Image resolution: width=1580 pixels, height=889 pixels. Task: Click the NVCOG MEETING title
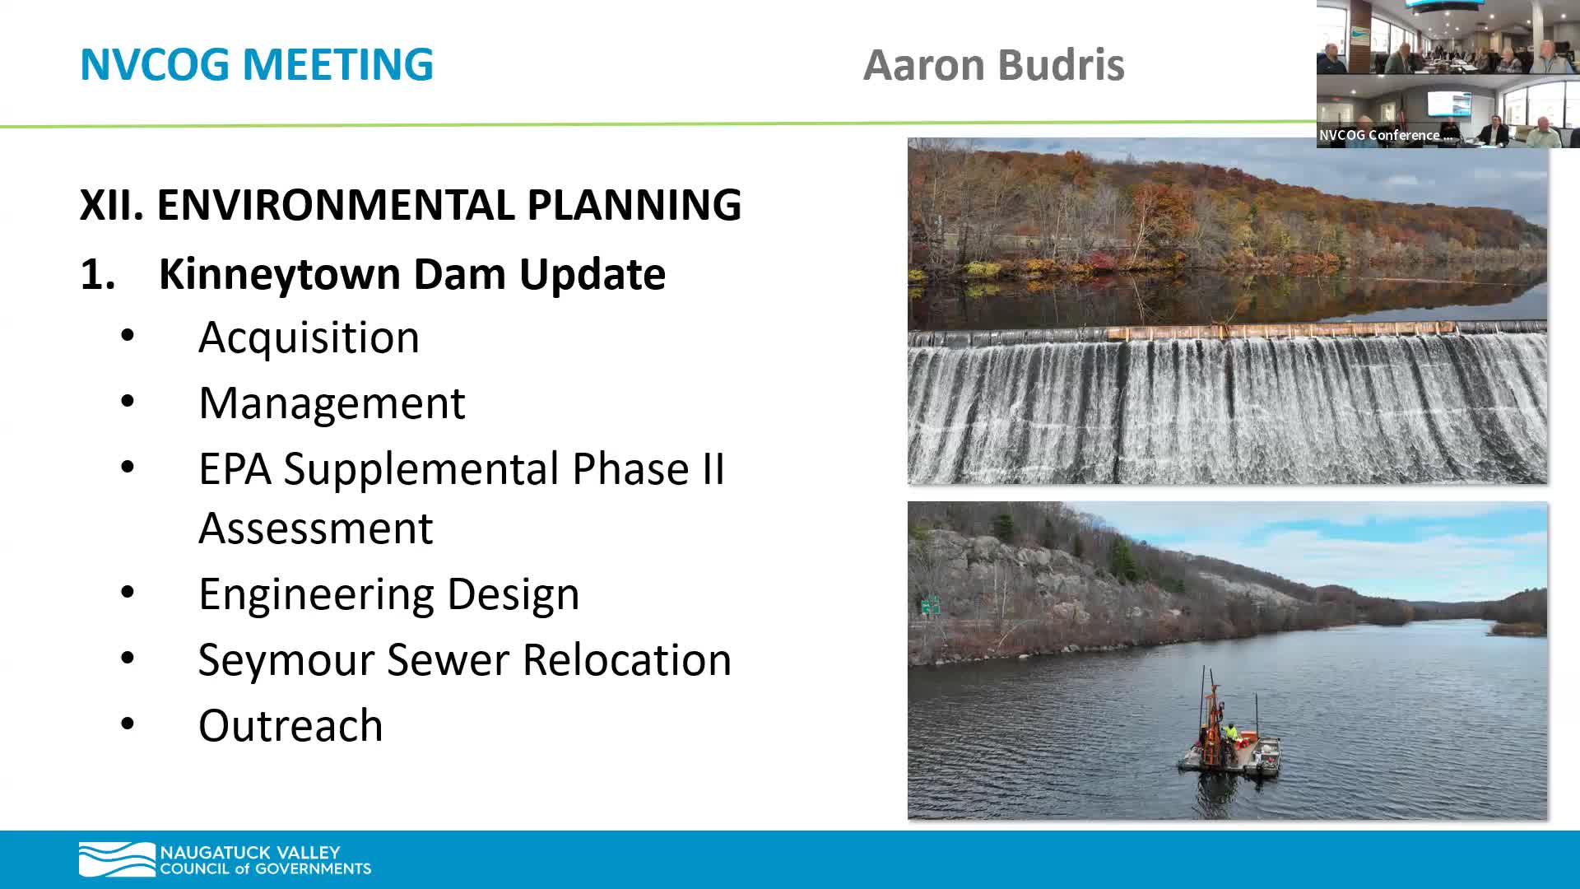click(x=256, y=64)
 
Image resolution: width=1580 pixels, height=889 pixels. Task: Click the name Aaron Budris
click(x=993, y=65)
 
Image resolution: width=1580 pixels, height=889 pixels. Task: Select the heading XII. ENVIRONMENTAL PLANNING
click(x=410, y=205)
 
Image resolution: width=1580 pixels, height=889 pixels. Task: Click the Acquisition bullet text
click(x=309, y=337)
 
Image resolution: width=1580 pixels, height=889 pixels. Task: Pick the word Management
click(x=332, y=403)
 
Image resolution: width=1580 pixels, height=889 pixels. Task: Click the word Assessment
click(x=315, y=528)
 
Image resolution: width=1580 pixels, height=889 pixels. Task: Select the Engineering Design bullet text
click(x=388, y=594)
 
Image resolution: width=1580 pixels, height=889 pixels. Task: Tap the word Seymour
click(x=286, y=660)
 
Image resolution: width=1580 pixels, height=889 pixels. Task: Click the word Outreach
click(x=290, y=726)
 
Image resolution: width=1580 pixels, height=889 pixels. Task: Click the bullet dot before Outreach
click(x=128, y=724)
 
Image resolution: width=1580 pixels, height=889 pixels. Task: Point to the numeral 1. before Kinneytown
click(x=97, y=275)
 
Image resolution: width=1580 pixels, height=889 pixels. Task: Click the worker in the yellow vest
click(x=1230, y=731)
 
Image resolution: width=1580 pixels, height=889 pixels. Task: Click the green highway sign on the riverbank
click(x=930, y=607)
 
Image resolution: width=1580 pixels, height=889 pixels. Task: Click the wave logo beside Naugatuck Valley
click(x=116, y=859)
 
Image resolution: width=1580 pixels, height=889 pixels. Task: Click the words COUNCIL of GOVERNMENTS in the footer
click(x=265, y=869)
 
